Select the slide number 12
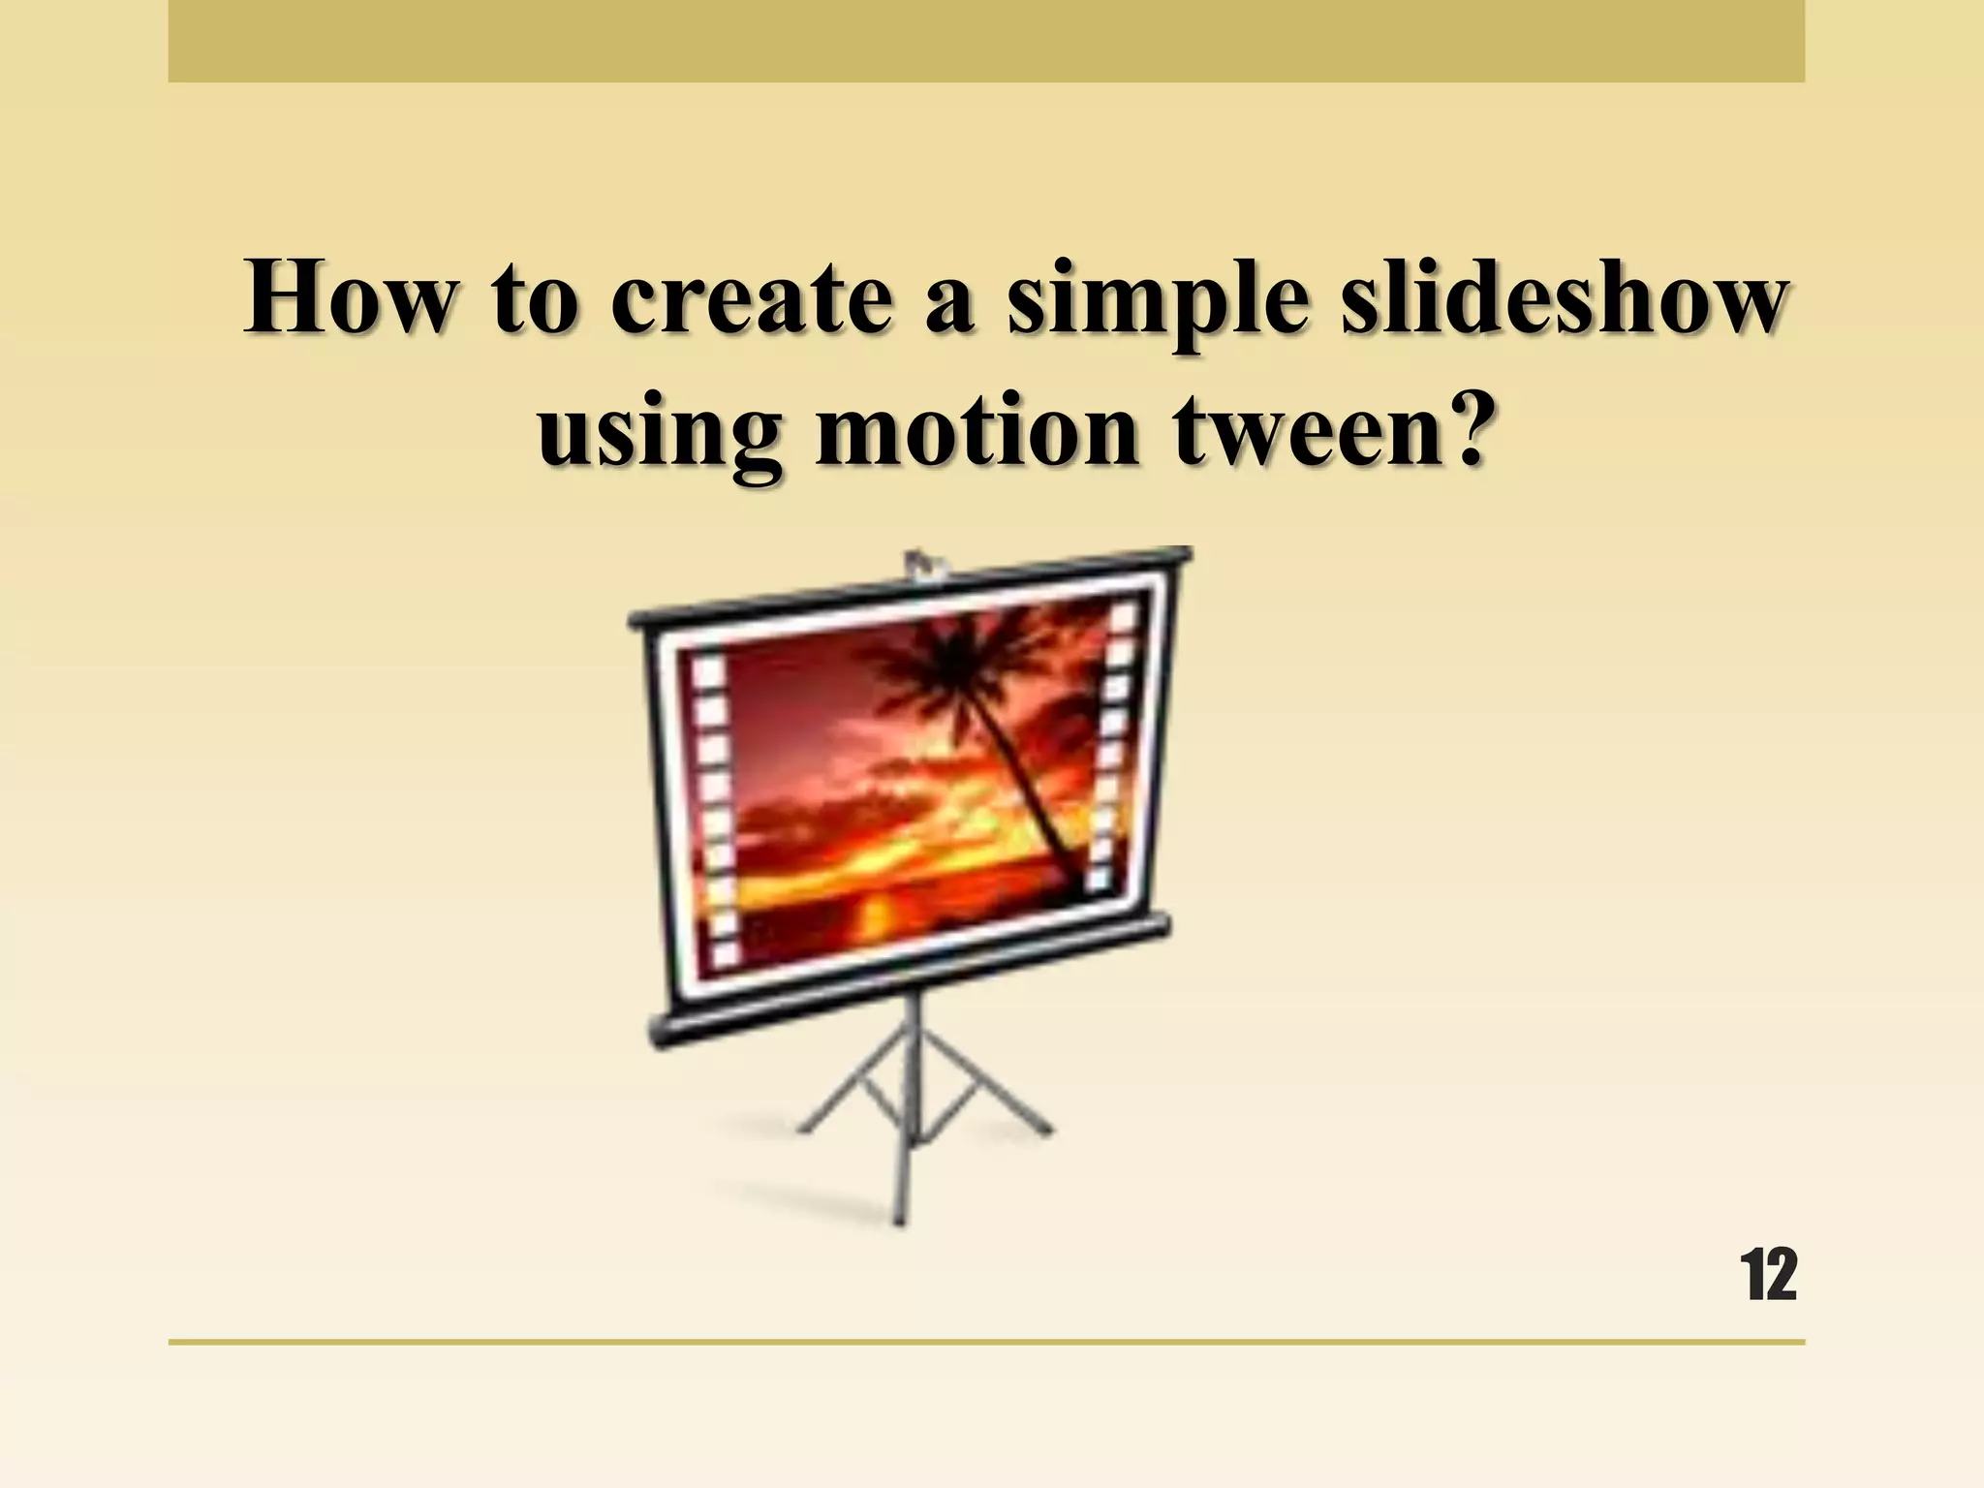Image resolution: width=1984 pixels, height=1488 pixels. (x=1768, y=1276)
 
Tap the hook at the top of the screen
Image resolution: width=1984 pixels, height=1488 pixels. (x=915, y=566)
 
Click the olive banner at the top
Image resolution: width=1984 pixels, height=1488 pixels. (x=986, y=41)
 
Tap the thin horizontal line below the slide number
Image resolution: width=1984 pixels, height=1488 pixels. (x=986, y=1342)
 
